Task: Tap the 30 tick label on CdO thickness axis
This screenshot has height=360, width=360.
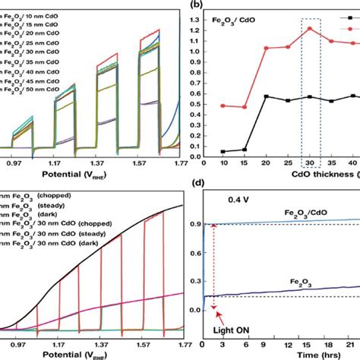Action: coord(309,163)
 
